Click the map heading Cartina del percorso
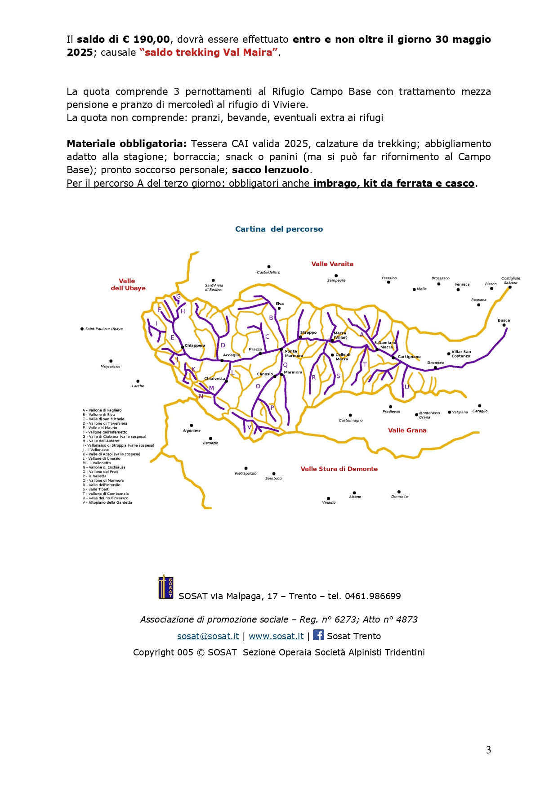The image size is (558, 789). coord(279,229)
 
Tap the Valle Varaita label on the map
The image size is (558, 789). coord(332,264)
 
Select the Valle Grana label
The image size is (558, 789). coord(407,430)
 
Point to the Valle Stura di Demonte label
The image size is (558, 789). coord(339,469)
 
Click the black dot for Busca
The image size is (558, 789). coord(504,325)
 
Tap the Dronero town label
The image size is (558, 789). coord(435,363)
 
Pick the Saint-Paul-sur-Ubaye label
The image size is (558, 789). coord(104,329)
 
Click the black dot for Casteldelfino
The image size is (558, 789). coord(269,267)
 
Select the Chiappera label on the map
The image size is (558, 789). coord(195,345)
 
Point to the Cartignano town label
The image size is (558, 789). coord(409,357)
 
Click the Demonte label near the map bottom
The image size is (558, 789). coord(400,497)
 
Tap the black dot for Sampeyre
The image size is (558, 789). coord(336,276)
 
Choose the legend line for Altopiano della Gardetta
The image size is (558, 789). coord(107,502)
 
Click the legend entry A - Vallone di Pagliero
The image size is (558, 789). coord(102,410)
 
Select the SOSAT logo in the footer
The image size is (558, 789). coord(166,587)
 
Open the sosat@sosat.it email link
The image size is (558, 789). coord(208,636)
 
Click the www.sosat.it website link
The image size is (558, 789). coord(276,636)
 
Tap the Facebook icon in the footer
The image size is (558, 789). coord(318,635)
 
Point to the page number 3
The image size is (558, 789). coord(488,750)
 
